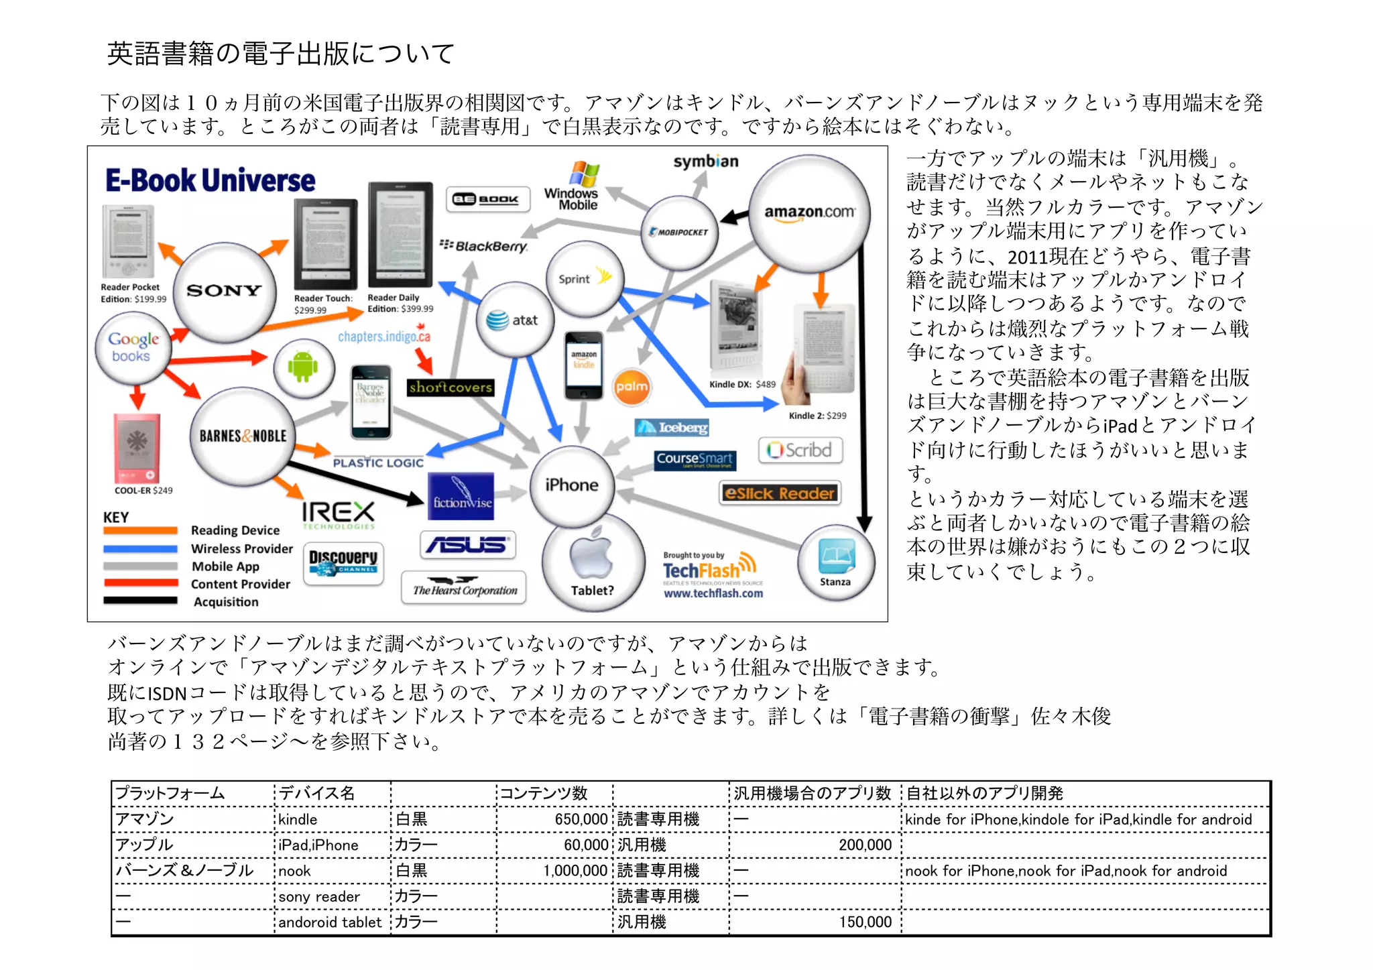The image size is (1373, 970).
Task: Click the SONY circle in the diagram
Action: point(224,291)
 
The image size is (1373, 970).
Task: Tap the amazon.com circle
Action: point(809,213)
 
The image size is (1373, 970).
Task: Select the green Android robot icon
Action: point(303,367)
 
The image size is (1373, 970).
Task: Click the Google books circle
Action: point(134,347)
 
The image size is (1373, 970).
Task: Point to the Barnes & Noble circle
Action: point(242,436)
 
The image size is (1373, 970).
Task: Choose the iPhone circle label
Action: point(571,485)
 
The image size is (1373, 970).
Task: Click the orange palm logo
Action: point(632,387)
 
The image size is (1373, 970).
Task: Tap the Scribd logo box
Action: point(800,450)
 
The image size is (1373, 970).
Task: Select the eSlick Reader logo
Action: point(780,493)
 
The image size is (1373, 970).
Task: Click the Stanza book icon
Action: point(836,557)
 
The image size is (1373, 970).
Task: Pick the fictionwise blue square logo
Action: point(461,497)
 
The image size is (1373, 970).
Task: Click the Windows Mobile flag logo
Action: point(584,174)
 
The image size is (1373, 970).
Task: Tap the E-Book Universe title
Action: point(210,181)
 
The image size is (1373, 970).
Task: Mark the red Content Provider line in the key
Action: point(140,583)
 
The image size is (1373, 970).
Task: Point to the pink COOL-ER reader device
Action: point(137,448)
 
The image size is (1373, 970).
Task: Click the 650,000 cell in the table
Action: point(581,819)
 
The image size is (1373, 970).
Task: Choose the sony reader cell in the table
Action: point(319,897)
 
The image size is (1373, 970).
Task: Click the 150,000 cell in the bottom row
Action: point(865,922)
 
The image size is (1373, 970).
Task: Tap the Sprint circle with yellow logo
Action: point(584,279)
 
